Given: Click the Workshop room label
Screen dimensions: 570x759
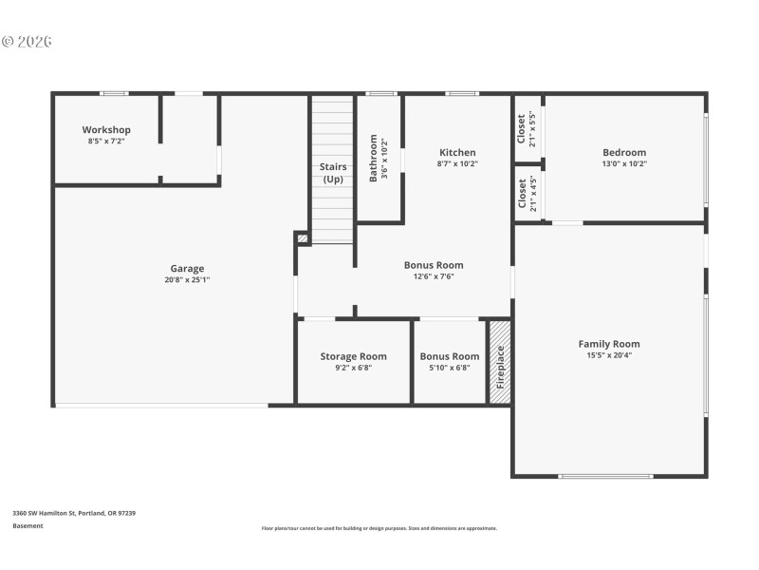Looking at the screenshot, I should point(106,130).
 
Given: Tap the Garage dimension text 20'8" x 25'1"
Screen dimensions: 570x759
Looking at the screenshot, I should point(187,279).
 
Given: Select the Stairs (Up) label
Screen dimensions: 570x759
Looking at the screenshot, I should point(333,173).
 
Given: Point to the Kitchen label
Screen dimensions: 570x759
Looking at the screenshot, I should point(457,152).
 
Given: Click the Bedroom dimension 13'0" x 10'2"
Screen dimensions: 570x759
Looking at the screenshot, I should point(624,163).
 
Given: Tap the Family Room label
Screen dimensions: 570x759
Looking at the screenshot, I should point(609,344).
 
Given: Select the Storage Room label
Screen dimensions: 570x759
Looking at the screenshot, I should point(353,356).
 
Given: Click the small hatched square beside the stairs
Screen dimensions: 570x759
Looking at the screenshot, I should point(302,238).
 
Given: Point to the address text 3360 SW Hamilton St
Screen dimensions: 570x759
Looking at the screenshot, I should point(74,513).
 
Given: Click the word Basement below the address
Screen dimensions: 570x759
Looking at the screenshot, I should point(28,525).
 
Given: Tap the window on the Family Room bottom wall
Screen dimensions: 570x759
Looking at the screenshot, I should point(605,476).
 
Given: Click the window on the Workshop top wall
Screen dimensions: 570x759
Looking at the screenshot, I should point(115,93).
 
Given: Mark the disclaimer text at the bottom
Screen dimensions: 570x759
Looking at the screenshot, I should point(379,528).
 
